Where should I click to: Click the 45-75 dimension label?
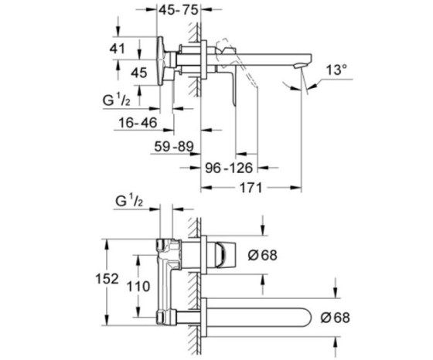tap(179, 10)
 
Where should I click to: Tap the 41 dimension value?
tap(118, 49)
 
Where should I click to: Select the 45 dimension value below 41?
tap(139, 73)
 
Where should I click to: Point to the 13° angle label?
tap(336, 70)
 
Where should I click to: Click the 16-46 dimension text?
tap(138, 122)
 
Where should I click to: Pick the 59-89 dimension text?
tap(174, 146)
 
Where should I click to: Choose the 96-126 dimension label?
tap(229, 168)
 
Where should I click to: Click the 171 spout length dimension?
tap(251, 188)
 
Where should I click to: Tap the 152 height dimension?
tap(107, 279)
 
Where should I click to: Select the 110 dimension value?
tap(138, 286)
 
